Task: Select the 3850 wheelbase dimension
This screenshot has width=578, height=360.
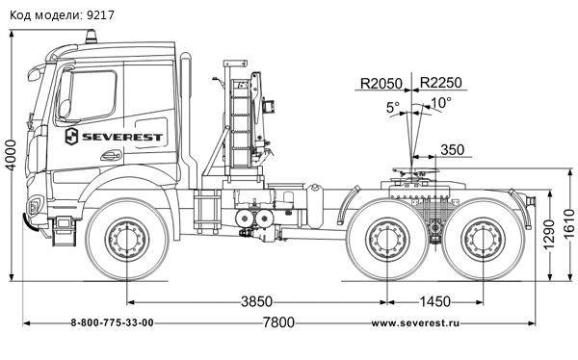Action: point(255,301)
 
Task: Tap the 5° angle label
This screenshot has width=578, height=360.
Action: point(393,108)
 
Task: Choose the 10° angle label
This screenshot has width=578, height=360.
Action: point(440,103)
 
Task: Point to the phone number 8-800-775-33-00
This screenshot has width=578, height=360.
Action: point(113,322)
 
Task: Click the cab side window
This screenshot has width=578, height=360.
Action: point(89,93)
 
